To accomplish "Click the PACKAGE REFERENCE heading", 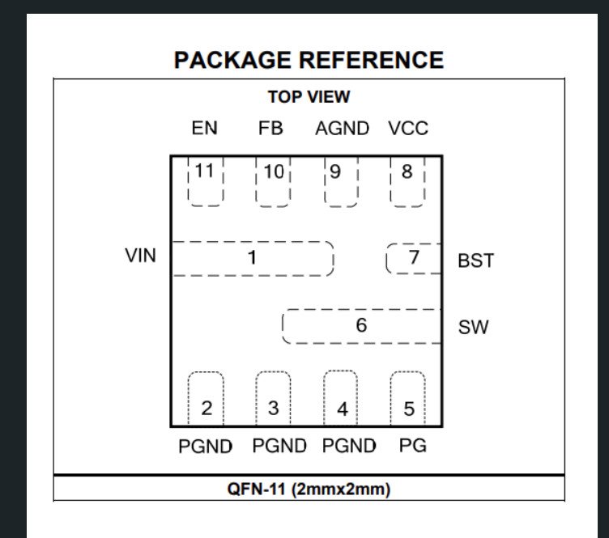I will [309, 60].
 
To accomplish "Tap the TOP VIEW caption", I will [309, 97].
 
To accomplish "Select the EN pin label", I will [204, 128].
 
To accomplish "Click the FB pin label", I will [270, 128].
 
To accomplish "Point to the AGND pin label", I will [342, 128].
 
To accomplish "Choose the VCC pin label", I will [407, 128].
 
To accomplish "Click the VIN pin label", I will [140, 256].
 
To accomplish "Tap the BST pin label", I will [475, 261].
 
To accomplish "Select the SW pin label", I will [473, 328].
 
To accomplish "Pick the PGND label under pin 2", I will [206, 446].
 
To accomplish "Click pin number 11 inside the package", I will [205, 171].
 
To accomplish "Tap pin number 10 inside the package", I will [274, 172].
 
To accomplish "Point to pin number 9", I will [334, 172].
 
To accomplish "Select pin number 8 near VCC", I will [407, 172].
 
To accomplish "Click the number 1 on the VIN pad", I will [252, 258].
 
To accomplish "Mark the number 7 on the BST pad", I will [414, 258].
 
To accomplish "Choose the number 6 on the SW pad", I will [361, 325].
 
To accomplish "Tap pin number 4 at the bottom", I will [342, 409].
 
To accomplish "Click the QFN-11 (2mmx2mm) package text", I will [309, 489].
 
